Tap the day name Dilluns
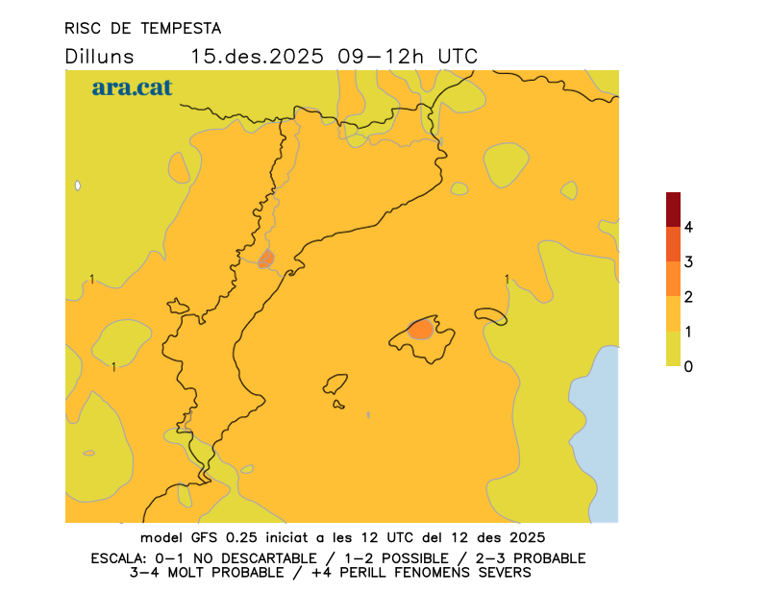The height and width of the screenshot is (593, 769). click(x=99, y=57)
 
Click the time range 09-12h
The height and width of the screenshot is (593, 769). click(x=381, y=57)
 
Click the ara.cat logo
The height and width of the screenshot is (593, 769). click(x=132, y=87)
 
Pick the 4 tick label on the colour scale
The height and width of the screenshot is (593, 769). click(x=688, y=228)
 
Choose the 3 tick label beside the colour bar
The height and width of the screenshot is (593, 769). click(x=688, y=262)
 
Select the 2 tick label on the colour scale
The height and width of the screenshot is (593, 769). click(x=688, y=297)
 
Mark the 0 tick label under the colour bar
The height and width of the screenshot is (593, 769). click(x=688, y=366)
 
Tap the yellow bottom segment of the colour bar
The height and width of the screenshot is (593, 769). click(x=673, y=349)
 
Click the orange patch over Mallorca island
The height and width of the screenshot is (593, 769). click(x=420, y=330)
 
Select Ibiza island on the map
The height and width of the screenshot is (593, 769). click(x=335, y=385)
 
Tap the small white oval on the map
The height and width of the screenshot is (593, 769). click(x=78, y=185)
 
